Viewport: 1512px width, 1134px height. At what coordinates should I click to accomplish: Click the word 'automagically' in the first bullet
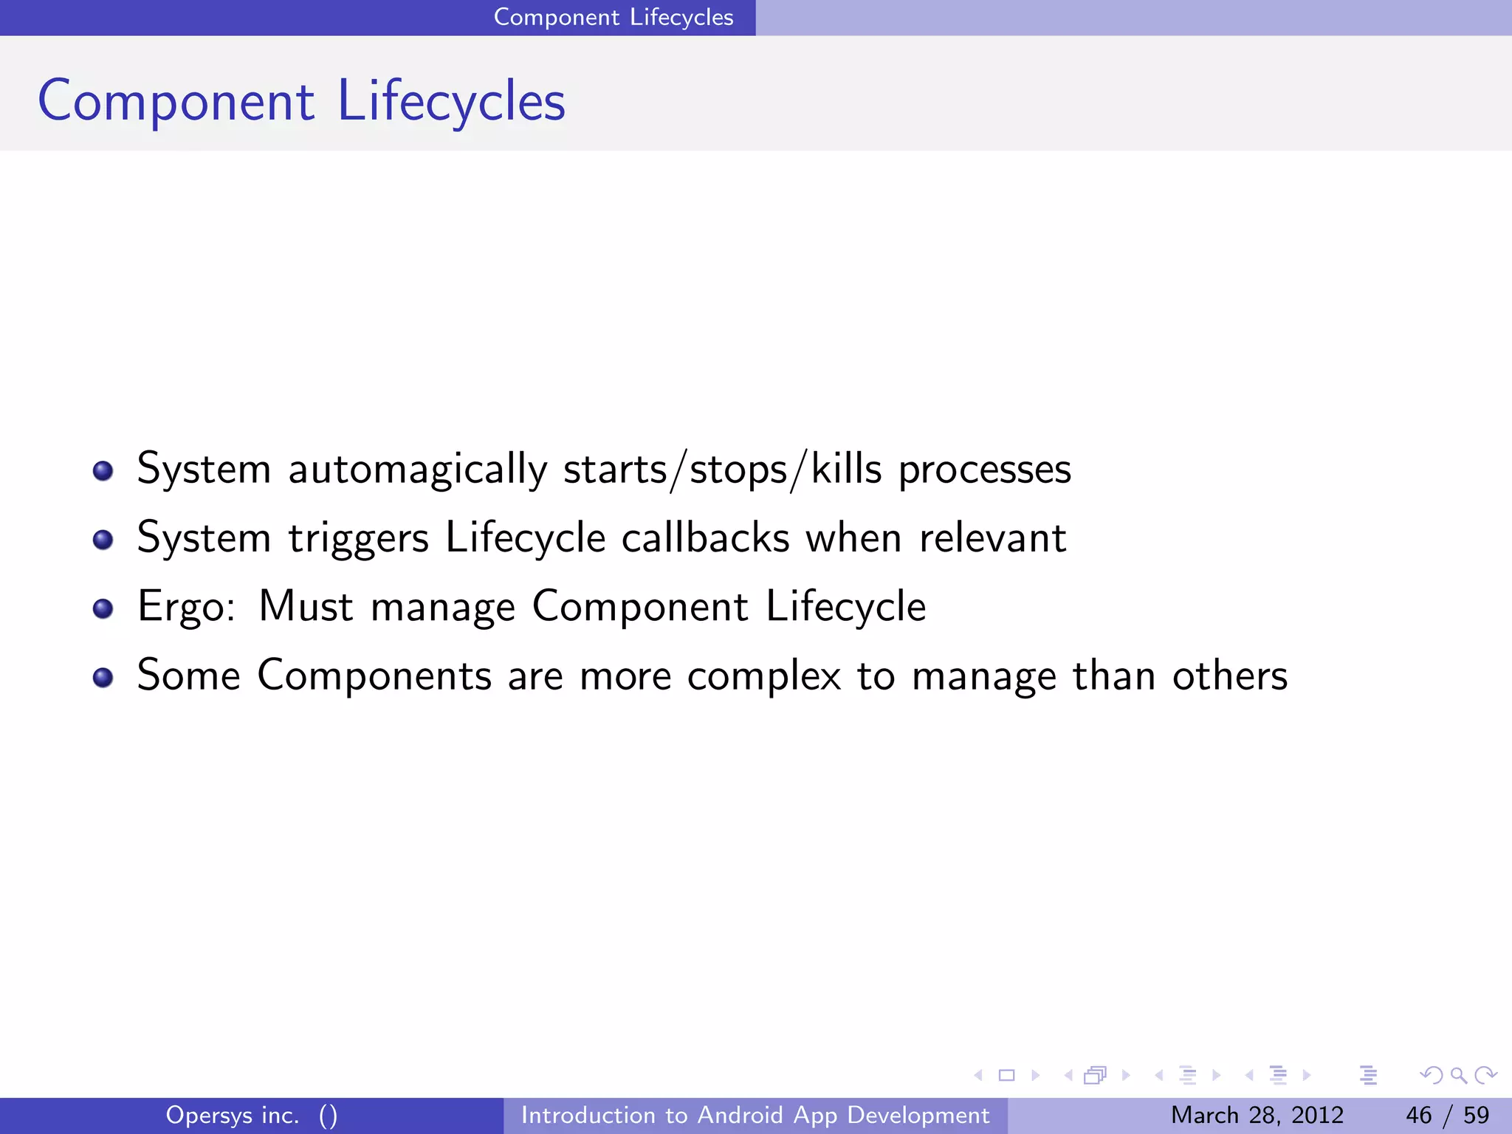(417, 470)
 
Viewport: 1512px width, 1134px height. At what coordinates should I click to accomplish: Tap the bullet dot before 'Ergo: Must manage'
(103, 608)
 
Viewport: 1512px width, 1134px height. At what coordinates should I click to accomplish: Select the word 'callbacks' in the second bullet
(705, 537)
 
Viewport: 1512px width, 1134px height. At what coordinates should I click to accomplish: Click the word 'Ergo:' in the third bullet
(187, 607)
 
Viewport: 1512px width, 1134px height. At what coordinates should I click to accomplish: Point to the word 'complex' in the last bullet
(763, 676)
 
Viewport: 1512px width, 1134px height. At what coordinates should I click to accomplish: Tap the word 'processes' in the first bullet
(984, 470)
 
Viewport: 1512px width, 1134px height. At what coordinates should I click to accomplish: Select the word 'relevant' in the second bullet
(992, 537)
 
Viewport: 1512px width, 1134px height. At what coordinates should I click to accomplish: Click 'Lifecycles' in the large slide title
(451, 101)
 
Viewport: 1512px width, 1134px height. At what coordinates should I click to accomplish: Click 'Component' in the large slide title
(176, 101)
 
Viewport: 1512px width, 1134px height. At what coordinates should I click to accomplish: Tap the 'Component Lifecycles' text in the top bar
(613, 17)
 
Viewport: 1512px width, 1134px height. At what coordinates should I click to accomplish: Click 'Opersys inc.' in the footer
(233, 1115)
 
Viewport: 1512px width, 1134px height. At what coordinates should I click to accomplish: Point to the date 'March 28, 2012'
(1257, 1115)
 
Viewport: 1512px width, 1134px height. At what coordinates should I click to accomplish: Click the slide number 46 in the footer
(1418, 1115)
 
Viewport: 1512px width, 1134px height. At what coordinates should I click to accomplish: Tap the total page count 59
(1476, 1115)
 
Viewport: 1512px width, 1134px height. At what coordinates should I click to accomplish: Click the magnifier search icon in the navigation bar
(1458, 1075)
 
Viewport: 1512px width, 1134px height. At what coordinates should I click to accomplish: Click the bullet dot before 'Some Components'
(103, 677)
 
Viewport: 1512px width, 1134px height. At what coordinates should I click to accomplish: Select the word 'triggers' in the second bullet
(358, 539)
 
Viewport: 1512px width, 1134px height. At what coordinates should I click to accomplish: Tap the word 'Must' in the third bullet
(306, 607)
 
